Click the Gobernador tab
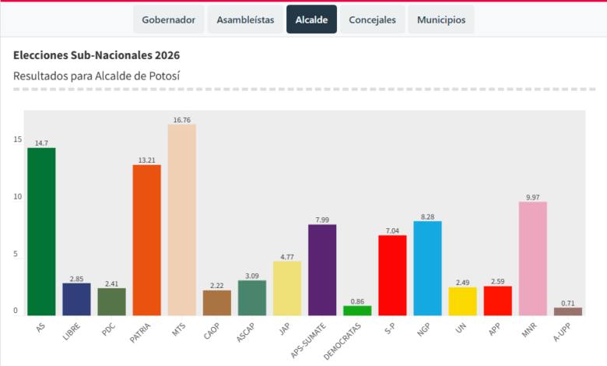click(169, 19)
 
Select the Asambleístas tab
click(245, 19)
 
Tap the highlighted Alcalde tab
click(311, 19)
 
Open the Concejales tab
click(372, 19)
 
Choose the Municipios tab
click(440, 19)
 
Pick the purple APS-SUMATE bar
click(322, 269)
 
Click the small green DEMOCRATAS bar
click(357, 310)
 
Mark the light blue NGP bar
click(427, 268)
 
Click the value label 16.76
click(182, 120)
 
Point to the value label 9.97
click(533, 197)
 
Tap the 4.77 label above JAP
click(287, 256)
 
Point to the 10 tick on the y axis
click(17, 197)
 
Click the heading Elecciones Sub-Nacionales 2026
click(96, 56)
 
